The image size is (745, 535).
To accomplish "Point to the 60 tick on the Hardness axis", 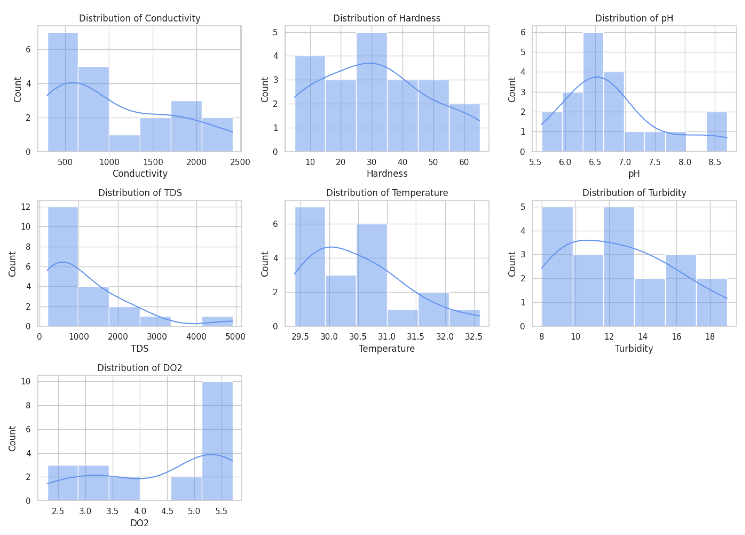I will tap(464, 162).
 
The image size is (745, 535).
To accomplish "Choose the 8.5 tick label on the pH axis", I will tap(714, 162).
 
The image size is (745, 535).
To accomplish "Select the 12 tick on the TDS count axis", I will tap(26, 207).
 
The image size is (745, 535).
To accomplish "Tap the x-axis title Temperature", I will tap(386, 348).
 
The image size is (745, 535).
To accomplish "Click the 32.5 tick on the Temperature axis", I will tap(473, 337).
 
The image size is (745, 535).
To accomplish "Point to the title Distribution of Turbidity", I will tap(634, 193).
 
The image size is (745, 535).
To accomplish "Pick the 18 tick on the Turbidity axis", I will tap(710, 337).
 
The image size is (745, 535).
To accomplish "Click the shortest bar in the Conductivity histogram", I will tap(125, 143).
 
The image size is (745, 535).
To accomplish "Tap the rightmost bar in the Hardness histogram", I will tap(464, 128).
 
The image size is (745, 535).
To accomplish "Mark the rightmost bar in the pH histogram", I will tap(716, 132).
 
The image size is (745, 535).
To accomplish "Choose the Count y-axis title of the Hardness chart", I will tap(264, 89).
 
